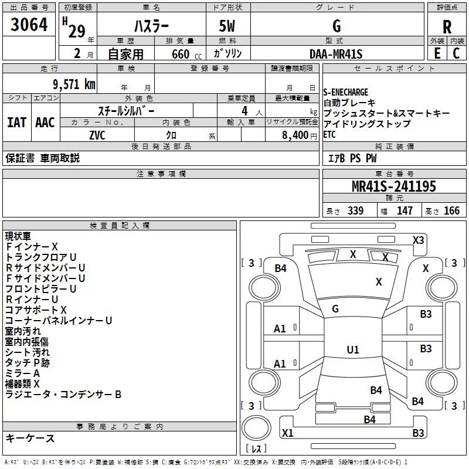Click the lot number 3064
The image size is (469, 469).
pos(29,25)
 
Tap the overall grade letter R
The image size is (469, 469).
pos(447,27)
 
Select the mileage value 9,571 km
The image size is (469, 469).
pos(74,84)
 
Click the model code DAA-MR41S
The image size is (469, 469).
pos(336,54)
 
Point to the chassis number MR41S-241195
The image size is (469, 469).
pos(394,186)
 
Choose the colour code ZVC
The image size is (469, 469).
pos(97,135)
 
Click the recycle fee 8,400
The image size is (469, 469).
pos(295,135)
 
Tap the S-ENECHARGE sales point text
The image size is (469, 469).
pos(345,92)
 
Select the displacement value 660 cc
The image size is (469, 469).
pos(186,55)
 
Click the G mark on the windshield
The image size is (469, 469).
pos(335,309)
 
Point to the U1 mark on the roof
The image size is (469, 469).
pos(353,349)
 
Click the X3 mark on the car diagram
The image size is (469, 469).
pos(418,240)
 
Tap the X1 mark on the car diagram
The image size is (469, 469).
pos(287,433)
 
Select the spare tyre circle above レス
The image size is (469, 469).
pos(256,427)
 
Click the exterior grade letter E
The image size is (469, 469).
pos(437,53)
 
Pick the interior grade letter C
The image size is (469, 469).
pos(456,53)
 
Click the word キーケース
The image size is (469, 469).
pos(30,438)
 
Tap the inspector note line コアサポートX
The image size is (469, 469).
pos(36,310)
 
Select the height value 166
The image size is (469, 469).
pos(451,210)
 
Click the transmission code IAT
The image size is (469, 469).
pos(16,123)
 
